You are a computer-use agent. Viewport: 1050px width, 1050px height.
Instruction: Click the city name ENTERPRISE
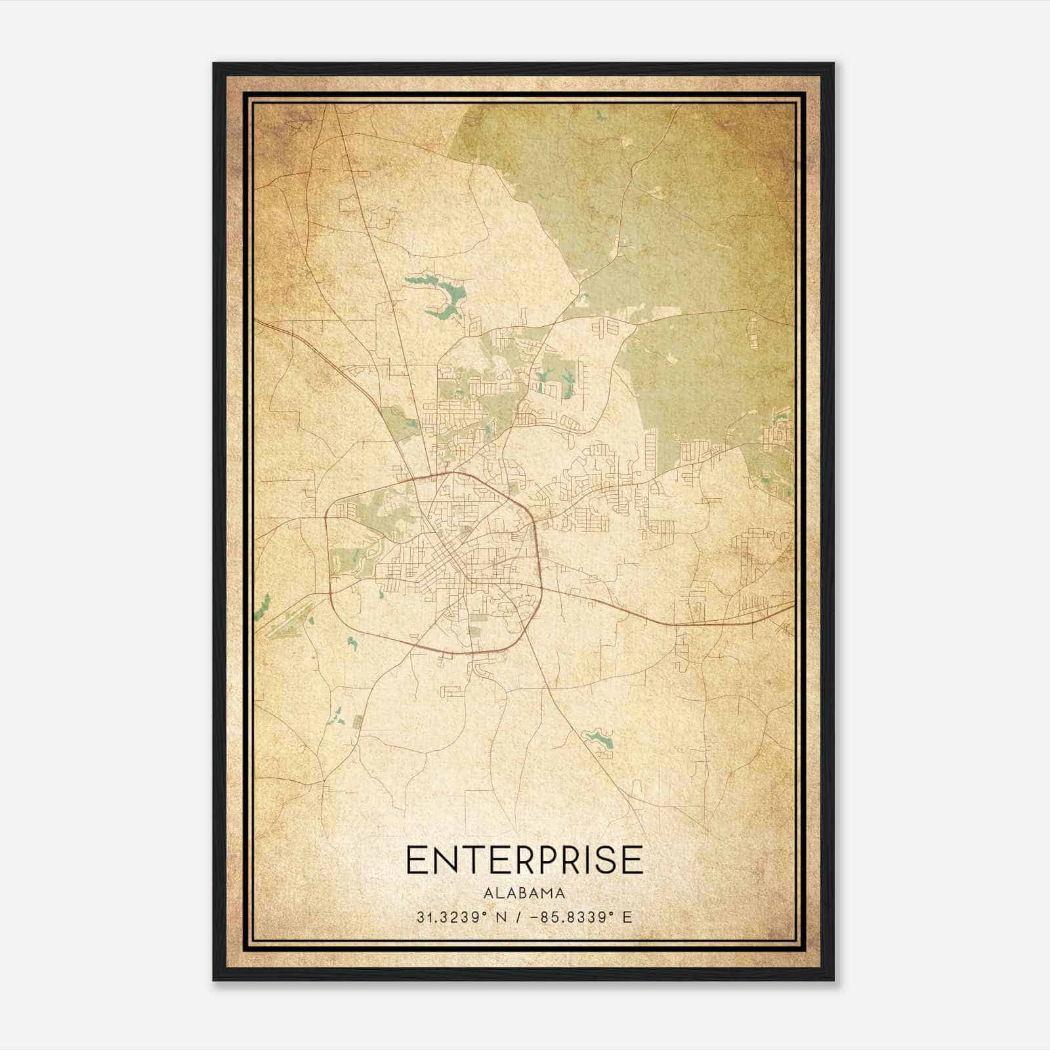524,860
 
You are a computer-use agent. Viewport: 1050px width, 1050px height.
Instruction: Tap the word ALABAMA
524,893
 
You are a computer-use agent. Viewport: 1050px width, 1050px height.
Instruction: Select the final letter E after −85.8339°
628,917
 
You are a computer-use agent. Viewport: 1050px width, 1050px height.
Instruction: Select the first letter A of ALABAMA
488,893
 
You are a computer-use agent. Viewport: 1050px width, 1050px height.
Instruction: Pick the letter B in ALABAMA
524,893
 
